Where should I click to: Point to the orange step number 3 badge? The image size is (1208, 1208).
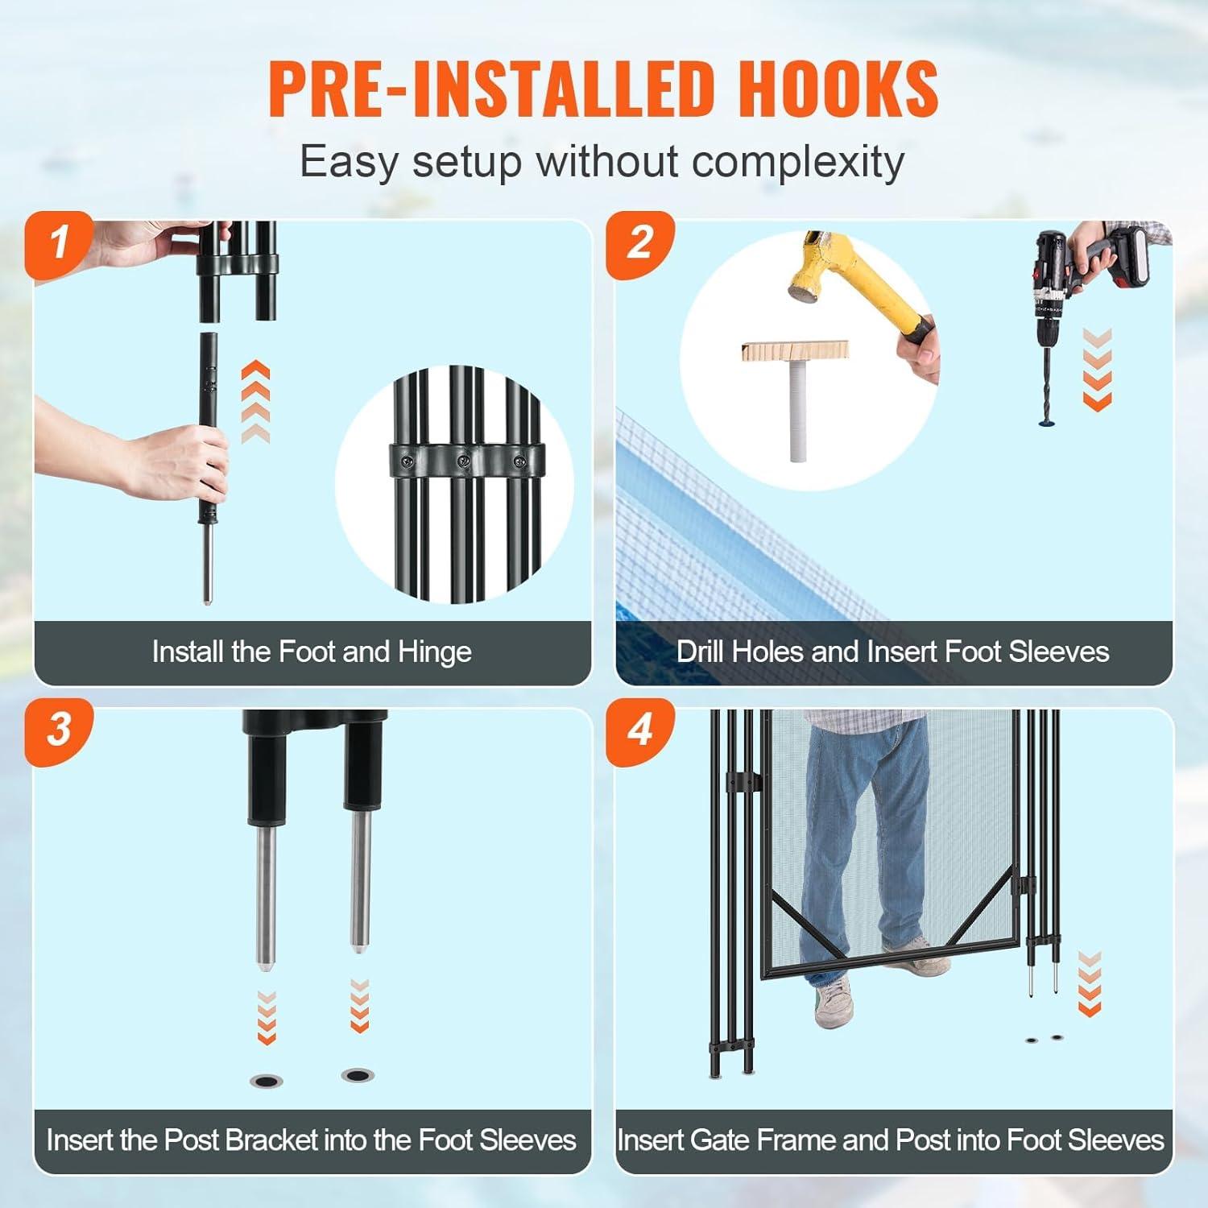[60, 731]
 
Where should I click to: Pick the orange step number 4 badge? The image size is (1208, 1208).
[640, 731]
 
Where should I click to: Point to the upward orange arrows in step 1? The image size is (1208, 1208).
[255, 402]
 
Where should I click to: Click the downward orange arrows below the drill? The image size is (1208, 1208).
[1097, 369]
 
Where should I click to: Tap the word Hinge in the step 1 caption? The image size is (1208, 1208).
[434, 652]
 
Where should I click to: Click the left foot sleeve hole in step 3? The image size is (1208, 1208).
[267, 1080]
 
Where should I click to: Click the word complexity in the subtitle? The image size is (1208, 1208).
[799, 162]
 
